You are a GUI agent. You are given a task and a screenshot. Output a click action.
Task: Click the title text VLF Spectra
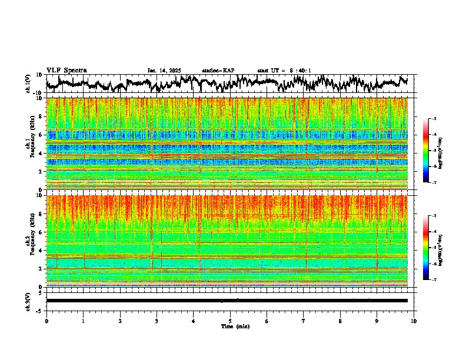point(66,70)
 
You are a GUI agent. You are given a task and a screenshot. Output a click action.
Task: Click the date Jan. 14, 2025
point(164,71)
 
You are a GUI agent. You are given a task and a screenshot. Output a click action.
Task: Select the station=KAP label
point(218,71)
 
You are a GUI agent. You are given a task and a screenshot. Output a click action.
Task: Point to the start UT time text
point(284,71)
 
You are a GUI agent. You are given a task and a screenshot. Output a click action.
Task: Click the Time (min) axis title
point(235,326)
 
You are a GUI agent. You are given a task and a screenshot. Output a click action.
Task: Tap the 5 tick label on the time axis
point(230,321)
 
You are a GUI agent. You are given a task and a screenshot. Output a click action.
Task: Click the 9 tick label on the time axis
point(377,321)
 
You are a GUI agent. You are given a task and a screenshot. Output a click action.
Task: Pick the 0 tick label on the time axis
point(46,321)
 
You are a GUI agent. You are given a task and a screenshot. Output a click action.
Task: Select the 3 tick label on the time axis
point(157,321)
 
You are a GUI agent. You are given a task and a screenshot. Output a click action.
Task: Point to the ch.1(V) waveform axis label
point(28,84)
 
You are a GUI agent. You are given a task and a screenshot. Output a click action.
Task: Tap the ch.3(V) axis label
point(28,301)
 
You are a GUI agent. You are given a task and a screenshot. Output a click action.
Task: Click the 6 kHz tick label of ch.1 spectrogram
point(41,135)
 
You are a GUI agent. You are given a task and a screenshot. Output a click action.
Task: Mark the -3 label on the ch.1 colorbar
point(434,119)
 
